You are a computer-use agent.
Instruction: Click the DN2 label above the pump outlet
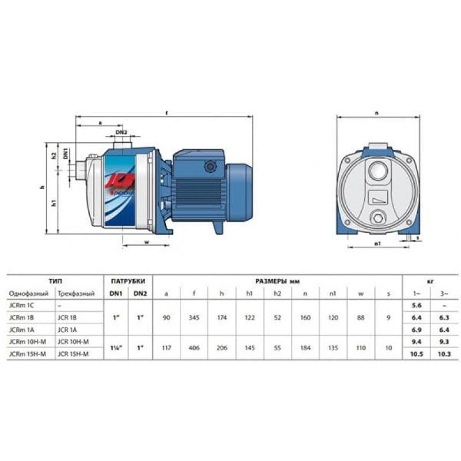(x=121, y=133)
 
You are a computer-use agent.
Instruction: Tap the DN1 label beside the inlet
(x=66, y=154)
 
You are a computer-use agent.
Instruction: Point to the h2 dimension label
(x=54, y=156)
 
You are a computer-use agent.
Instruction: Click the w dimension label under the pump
(x=147, y=242)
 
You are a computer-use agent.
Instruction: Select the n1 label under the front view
(x=378, y=243)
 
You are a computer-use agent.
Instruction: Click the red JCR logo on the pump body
(x=120, y=180)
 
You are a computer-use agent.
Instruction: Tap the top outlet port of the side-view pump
(x=122, y=145)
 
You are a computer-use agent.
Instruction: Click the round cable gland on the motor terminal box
(x=210, y=167)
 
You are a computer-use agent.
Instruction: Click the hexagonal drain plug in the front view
(x=378, y=218)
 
